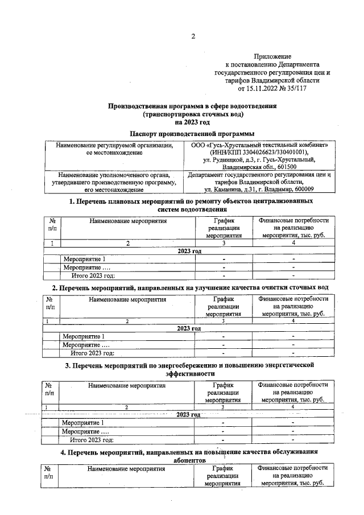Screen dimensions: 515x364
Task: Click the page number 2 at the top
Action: click(193, 37)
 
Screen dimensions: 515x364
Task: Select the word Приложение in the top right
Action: click(273, 57)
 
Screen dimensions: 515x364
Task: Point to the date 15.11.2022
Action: click(263, 89)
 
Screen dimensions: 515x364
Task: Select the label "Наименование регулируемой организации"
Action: click(114, 146)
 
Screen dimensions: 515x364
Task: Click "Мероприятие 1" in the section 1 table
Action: click(85, 259)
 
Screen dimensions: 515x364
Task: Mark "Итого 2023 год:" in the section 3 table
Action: click(92, 440)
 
